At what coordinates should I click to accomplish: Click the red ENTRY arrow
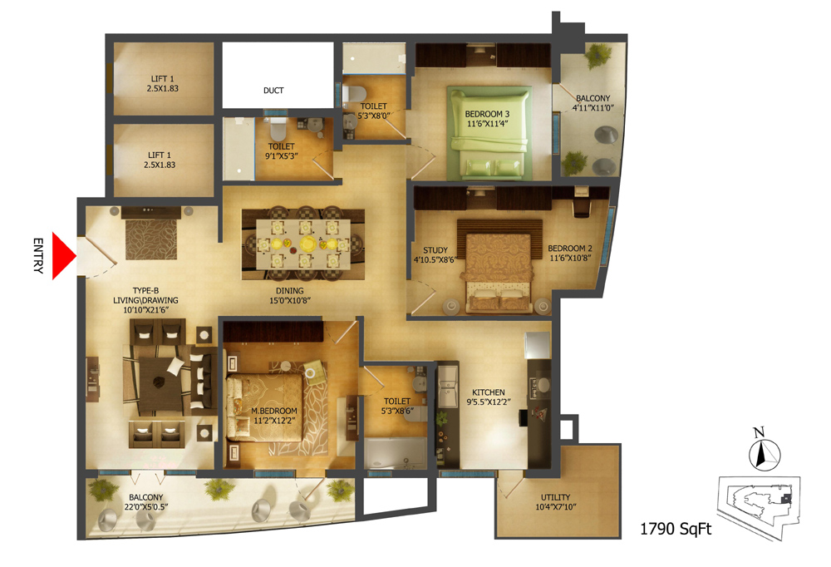62,256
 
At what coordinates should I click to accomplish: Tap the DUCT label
273,91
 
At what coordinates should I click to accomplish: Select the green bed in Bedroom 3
488,134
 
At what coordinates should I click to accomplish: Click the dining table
303,244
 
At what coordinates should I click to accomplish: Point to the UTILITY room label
555,497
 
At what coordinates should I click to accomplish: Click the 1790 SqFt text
676,529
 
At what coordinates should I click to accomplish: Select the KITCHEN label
488,392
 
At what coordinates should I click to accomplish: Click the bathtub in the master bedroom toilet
396,453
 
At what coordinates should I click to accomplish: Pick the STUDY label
435,250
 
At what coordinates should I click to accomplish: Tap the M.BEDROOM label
274,411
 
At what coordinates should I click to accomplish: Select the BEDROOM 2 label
570,249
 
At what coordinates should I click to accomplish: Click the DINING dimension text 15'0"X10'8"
290,300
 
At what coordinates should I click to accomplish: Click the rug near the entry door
151,239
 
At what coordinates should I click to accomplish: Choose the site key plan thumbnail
759,506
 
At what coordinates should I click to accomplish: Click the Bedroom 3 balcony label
593,103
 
